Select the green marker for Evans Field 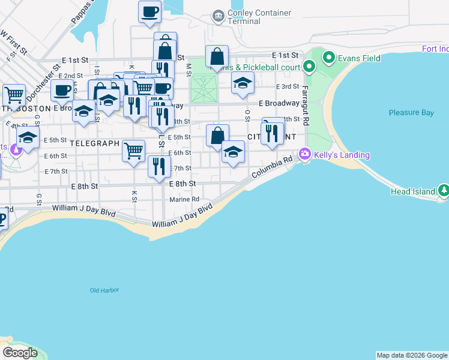click(x=328, y=58)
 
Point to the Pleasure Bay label click(x=411, y=112)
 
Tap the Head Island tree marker click(x=444, y=191)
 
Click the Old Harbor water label click(x=104, y=290)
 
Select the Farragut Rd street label click(x=305, y=106)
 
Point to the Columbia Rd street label click(x=271, y=168)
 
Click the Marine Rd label click(x=184, y=199)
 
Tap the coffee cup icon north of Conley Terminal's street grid click(x=149, y=11)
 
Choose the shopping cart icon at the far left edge click(x=14, y=95)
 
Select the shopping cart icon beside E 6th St click(x=133, y=150)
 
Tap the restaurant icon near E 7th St click(x=159, y=166)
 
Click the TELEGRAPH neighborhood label click(x=95, y=143)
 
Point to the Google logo click(x=20, y=353)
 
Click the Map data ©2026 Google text click(x=411, y=355)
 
